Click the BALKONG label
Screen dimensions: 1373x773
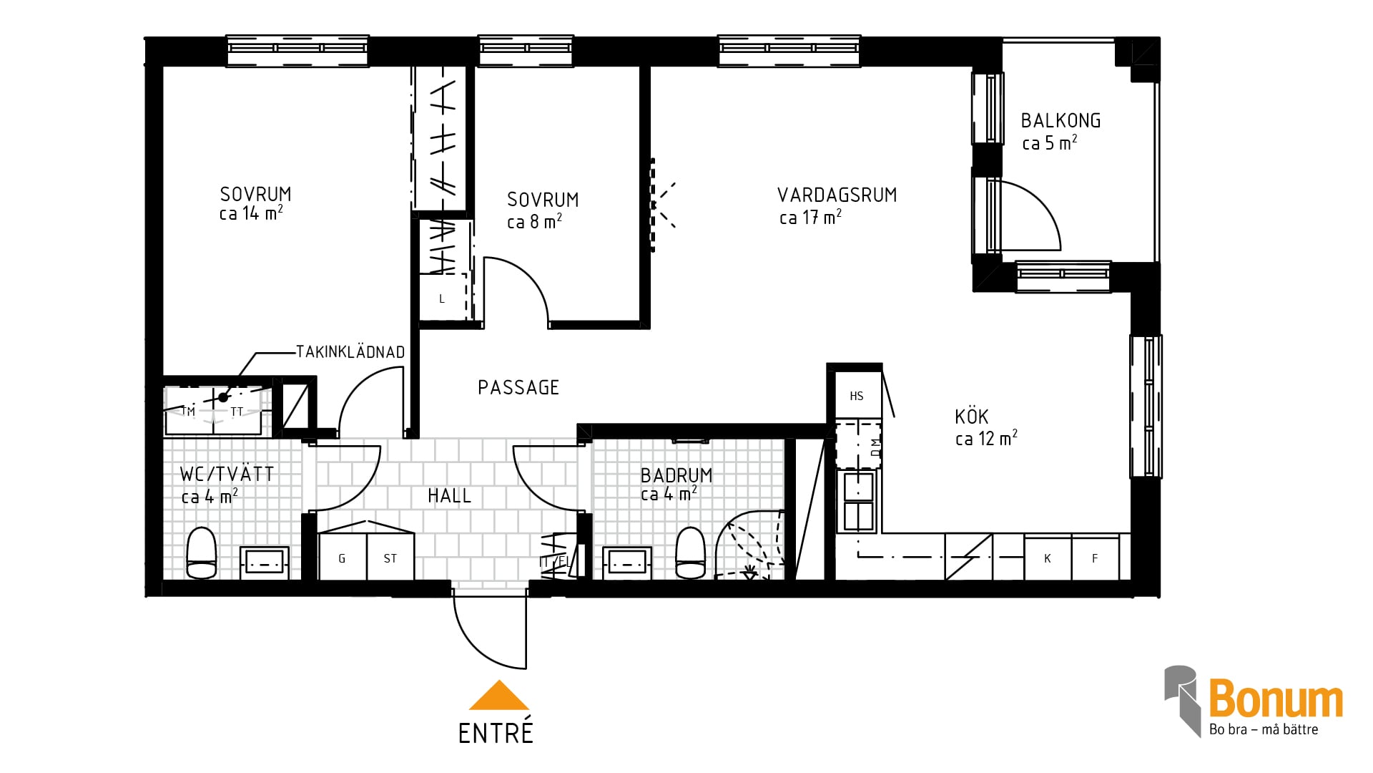tap(1060, 120)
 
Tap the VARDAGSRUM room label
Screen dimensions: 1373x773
tap(837, 195)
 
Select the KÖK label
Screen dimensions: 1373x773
tap(972, 417)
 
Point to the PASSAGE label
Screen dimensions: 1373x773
tap(518, 387)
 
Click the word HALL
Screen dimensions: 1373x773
tap(449, 495)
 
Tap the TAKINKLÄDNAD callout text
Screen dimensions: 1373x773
tap(350, 352)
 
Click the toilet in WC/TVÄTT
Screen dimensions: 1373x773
tap(201, 553)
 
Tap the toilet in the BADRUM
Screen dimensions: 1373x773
tap(691, 553)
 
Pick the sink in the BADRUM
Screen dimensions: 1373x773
tap(627, 563)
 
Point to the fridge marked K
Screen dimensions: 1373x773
tap(1048, 557)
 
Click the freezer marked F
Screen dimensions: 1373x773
tap(1096, 557)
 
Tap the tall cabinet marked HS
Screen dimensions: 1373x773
tap(857, 396)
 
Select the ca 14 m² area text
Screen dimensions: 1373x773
tap(251, 213)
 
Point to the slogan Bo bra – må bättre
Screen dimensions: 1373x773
tap(1264, 729)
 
